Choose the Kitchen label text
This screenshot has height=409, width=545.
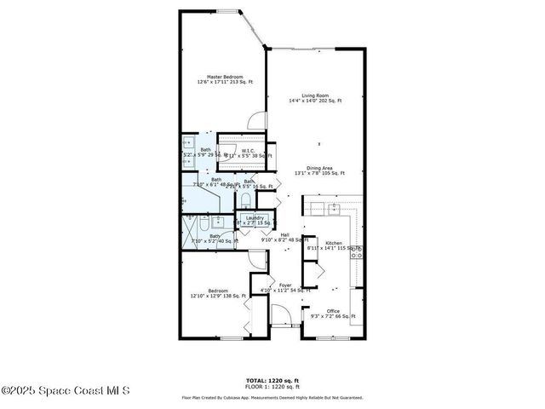333,243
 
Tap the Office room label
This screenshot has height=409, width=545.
333,311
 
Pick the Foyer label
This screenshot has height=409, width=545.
284,285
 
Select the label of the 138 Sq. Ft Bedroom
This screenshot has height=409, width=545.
217,291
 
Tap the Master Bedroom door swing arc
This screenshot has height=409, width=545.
256,119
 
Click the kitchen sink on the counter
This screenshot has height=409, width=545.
335,206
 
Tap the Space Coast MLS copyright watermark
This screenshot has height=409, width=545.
66,391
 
